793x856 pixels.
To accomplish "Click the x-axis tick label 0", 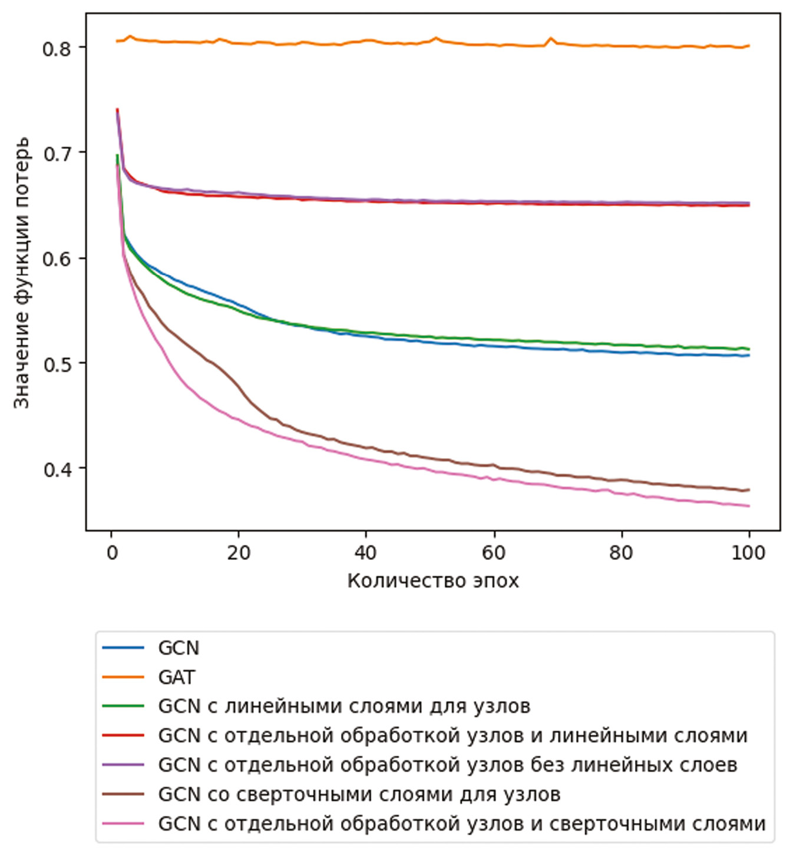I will [x=111, y=553].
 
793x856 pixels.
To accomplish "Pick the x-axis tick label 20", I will [x=239, y=553].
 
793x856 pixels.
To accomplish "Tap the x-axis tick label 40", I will [x=366, y=553].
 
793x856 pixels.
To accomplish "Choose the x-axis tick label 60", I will [x=494, y=553].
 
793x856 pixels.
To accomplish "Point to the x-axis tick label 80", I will [x=621, y=553].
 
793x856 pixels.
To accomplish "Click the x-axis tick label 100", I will [x=748, y=553].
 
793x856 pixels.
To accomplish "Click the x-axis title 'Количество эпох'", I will [x=433, y=581].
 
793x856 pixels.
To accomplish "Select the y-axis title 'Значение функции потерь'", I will [x=22, y=273].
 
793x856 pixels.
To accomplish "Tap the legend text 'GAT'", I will [x=176, y=677].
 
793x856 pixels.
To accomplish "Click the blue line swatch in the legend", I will [x=123, y=648].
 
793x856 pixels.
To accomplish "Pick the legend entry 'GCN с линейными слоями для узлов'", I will [x=344, y=706].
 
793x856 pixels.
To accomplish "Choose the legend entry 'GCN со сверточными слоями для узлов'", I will [x=359, y=794].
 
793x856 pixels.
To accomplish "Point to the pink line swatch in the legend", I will [x=123, y=824].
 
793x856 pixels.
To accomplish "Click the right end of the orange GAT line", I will [x=749, y=46].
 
